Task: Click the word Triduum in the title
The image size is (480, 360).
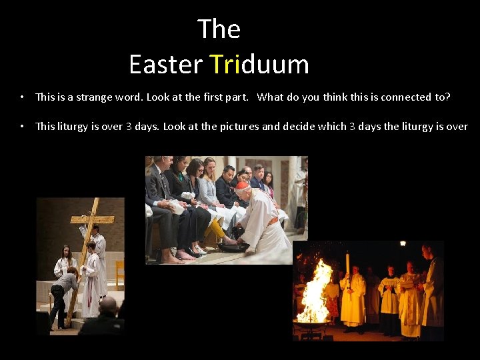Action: tap(259, 65)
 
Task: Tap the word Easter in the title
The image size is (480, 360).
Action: tap(165, 65)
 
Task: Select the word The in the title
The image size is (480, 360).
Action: tap(219, 29)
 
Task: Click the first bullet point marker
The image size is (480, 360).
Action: tap(22, 97)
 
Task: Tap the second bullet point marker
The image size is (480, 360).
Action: tap(22, 127)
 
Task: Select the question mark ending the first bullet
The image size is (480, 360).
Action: tap(448, 97)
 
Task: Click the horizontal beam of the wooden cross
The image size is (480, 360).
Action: tap(92, 219)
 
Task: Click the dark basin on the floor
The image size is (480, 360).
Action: tap(233, 247)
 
